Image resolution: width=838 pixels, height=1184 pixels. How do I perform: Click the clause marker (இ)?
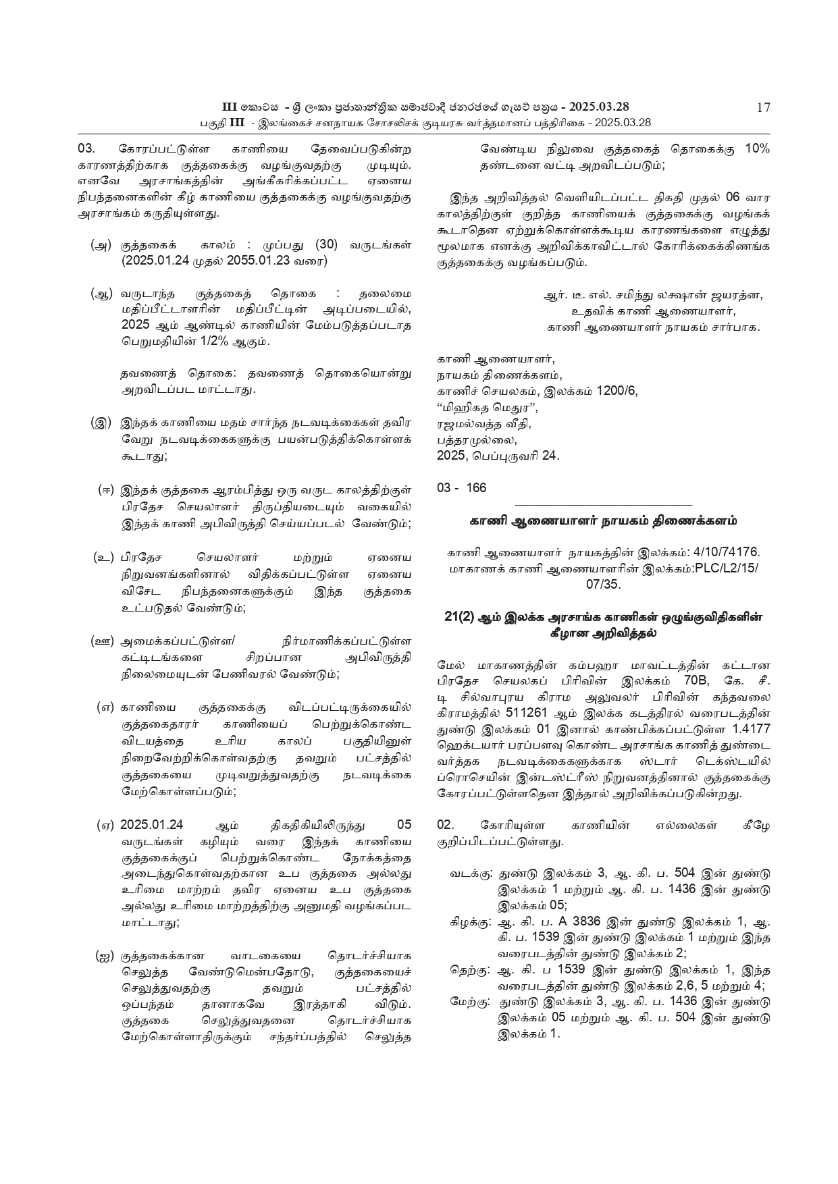(101, 424)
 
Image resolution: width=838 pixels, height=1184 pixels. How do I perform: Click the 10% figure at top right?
(757, 149)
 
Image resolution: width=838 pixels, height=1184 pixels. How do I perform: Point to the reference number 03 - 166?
(461, 487)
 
